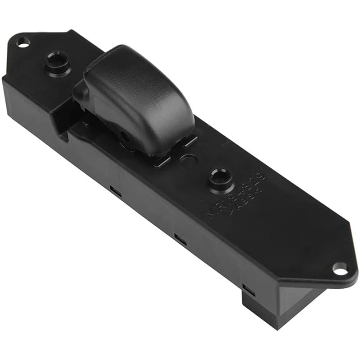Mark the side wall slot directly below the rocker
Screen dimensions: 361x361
[x=116, y=191]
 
